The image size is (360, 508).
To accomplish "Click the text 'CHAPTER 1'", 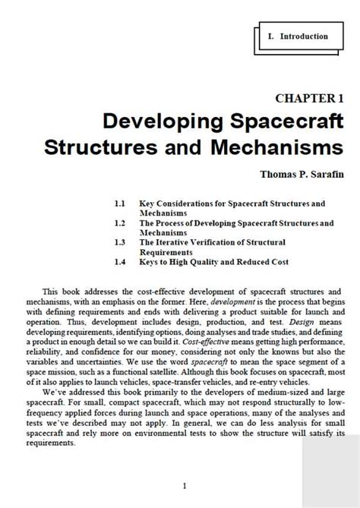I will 310,99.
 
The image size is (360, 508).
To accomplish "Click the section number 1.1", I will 119,204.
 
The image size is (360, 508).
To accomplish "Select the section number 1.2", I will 119,223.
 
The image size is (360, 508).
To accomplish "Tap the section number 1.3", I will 119,242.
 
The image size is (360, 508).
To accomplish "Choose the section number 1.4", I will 119,262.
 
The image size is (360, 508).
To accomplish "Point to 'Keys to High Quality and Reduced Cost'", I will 213,262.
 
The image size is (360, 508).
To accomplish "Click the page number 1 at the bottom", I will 185,486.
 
